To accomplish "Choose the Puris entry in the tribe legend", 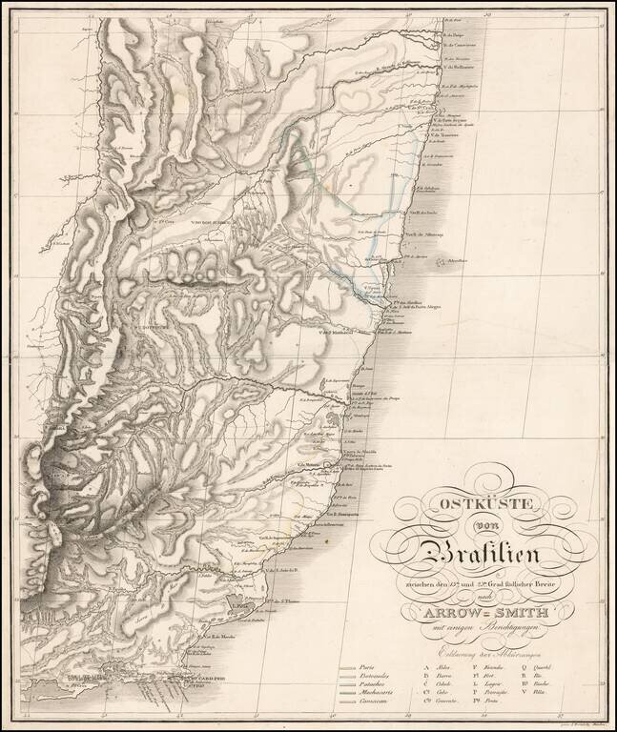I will pyautogui.click(x=373, y=667).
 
